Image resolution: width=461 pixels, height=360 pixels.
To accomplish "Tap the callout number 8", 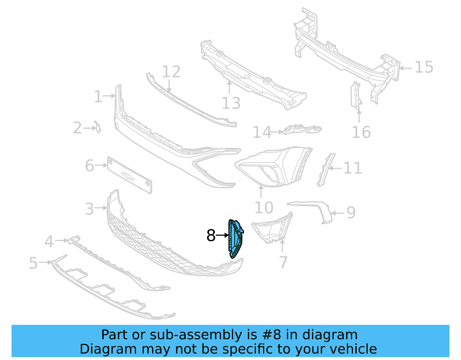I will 211,236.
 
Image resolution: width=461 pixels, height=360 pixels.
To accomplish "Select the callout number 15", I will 424,67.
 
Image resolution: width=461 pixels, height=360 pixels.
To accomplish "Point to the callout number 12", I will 171,71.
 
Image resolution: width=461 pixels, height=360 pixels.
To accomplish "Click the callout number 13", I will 231,103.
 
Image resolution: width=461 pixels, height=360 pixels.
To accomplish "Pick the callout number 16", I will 361,132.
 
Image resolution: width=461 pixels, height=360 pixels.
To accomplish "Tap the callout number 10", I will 264,208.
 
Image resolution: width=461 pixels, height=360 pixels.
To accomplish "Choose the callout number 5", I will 33,263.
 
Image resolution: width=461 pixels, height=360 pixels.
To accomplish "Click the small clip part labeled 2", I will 98,127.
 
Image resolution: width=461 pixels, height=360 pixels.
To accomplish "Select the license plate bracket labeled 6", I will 129,175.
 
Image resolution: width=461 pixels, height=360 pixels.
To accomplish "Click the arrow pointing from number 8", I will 222,235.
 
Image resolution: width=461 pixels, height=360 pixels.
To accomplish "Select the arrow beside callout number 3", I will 101,208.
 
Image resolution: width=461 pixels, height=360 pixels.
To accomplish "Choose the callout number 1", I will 98,97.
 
